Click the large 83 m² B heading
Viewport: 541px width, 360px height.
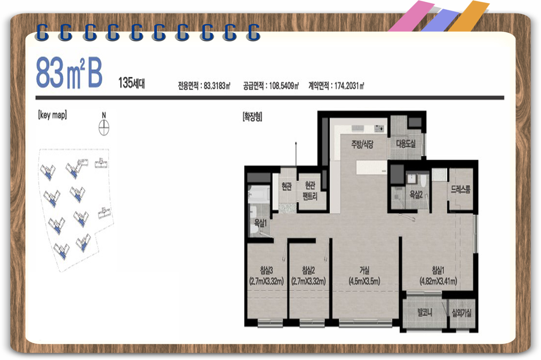coord(69,72)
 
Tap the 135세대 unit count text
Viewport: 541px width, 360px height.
coord(131,83)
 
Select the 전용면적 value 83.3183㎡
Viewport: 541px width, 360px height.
coord(204,86)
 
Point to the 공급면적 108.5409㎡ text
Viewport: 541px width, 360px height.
coord(271,86)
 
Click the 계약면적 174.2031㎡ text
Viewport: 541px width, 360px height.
coord(336,86)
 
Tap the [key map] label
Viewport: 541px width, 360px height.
coord(52,115)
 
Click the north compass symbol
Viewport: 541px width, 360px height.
coord(104,124)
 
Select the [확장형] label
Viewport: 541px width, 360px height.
coord(252,117)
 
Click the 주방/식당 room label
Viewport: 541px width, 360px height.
coord(362,144)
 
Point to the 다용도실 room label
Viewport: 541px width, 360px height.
coord(406,144)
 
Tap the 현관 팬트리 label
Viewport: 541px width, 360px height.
coord(310,191)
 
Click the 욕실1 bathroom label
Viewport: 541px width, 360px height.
coord(261,223)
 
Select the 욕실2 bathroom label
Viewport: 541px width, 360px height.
coord(416,194)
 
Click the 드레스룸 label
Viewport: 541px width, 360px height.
coord(461,189)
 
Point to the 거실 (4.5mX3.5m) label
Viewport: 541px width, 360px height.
coord(364,276)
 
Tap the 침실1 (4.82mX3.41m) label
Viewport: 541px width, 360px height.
coord(438,276)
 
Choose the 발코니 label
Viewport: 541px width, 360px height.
coord(425,312)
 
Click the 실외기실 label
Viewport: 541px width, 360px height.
coord(462,313)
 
